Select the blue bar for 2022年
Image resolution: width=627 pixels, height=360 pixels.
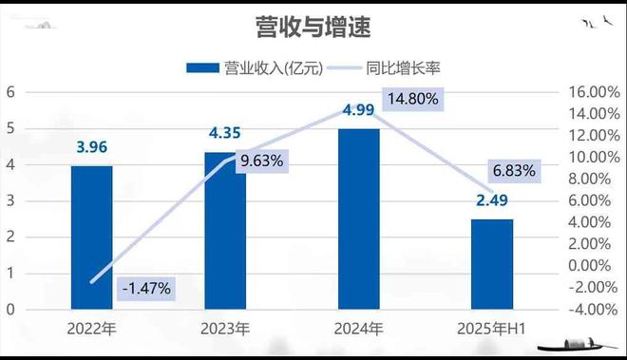point(92,237)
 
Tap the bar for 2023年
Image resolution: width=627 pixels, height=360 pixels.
point(225,231)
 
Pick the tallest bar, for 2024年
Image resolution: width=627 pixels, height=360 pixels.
point(358,218)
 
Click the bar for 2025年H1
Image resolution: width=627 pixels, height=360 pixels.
point(492,264)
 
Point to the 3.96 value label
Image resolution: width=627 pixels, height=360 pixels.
point(92,147)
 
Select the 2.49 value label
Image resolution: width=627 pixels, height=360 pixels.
point(491,200)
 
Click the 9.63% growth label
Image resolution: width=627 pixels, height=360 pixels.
point(262,161)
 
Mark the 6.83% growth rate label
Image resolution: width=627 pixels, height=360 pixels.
point(514,172)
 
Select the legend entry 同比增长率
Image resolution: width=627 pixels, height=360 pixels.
point(399,67)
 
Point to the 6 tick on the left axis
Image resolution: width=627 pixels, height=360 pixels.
point(10,92)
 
